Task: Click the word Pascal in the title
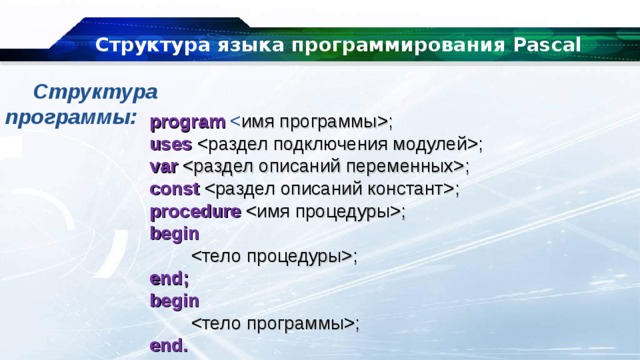(540, 45)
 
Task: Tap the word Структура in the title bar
(136, 45)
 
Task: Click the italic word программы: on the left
(70, 117)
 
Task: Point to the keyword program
(188, 122)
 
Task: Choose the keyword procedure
(195, 211)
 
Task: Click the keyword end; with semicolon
(169, 278)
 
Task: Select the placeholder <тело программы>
(275, 322)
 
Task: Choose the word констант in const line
(410, 188)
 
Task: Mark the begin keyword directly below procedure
(174, 233)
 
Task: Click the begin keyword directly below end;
(174, 300)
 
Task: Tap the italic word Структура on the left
(95, 93)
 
